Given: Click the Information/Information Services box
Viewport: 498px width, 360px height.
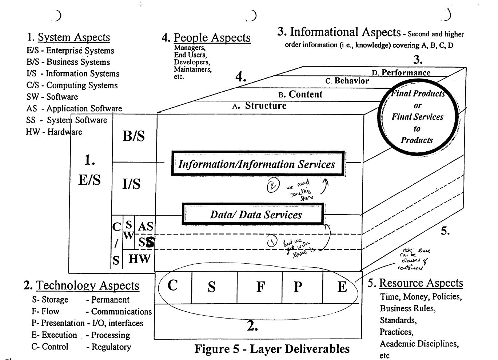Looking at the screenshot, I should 258,164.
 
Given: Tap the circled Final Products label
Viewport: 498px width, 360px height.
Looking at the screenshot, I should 417,117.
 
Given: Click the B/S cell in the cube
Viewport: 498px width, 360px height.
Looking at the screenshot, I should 134,136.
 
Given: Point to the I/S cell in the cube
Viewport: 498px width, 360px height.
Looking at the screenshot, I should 131,184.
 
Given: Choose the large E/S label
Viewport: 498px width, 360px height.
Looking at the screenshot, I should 89,180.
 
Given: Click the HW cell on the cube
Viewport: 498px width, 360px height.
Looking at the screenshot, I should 139,259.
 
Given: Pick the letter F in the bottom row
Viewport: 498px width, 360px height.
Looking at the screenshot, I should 260,287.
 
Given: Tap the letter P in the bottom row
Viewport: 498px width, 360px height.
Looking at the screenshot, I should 298,287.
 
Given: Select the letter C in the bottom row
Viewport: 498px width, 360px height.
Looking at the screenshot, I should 172,286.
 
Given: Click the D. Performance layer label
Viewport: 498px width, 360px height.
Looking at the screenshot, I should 401,73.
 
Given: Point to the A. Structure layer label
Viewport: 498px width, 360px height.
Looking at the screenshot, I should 259,106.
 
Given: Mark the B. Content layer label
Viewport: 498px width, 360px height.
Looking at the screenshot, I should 300,95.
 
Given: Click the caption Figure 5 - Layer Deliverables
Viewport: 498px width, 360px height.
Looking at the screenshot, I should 272,349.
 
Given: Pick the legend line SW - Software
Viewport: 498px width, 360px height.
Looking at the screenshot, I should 52,97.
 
